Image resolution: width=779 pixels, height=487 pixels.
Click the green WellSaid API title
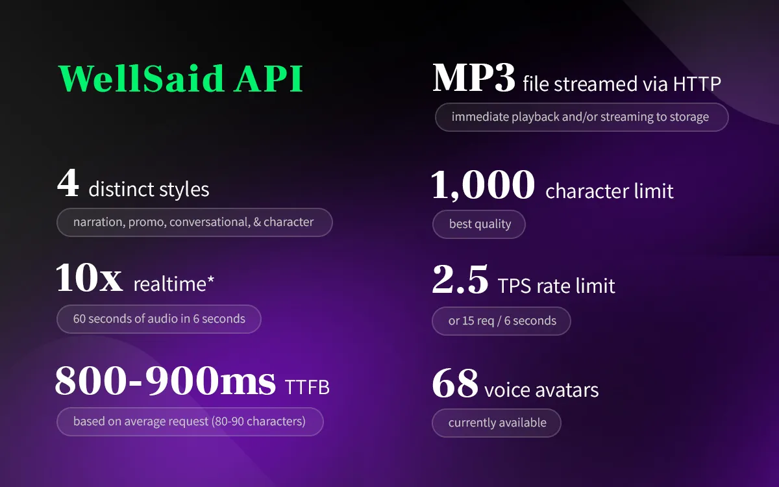coord(181,79)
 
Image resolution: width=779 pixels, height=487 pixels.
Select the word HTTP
coord(697,84)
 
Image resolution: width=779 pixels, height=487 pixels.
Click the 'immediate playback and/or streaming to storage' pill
coord(582,118)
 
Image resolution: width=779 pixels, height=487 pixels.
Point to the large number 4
coord(68,182)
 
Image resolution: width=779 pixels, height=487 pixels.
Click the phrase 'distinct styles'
coord(149,190)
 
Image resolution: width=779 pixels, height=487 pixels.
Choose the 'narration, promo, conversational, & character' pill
coord(194,222)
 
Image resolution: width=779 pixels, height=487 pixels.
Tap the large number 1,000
coord(483,185)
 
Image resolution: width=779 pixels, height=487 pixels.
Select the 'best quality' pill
coord(479,224)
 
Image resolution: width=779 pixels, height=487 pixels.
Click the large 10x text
coord(89,278)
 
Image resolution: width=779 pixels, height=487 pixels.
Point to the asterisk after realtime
coord(211,279)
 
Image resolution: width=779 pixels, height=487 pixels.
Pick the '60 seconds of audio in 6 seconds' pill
coord(159,319)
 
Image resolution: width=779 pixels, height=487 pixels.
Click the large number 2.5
coord(460,279)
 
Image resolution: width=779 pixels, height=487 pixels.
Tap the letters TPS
coord(514,286)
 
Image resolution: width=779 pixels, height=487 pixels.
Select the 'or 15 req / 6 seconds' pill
coord(501,321)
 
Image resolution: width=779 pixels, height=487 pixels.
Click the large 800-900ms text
coord(165,381)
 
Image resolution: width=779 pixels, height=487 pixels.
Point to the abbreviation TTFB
coord(307,387)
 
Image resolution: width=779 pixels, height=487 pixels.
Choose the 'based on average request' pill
coord(190,421)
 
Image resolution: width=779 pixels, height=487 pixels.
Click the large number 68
coord(455,383)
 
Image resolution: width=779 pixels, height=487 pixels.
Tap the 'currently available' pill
coord(496,423)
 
